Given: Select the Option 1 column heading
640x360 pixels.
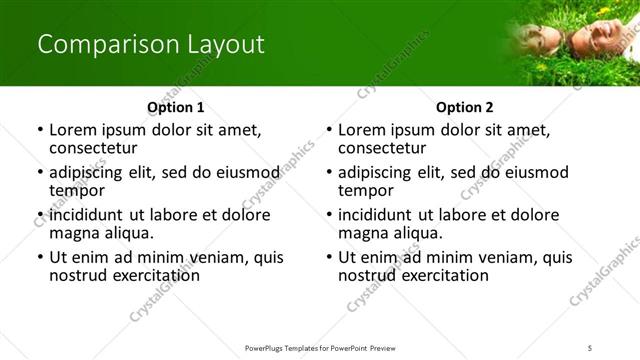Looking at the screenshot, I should [x=176, y=107].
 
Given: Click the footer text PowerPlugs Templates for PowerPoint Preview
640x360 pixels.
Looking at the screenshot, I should [x=319, y=347].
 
